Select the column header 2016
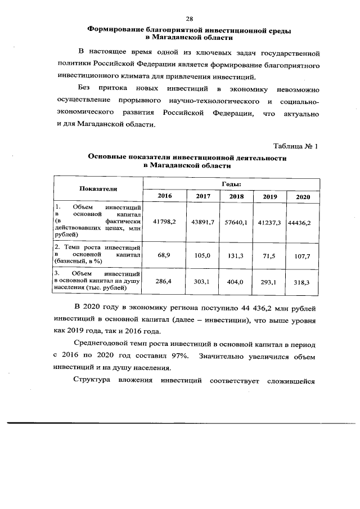pyautogui.click(x=165, y=196)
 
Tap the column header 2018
pyautogui.click(x=236, y=196)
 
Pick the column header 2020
pyautogui.click(x=303, y=196)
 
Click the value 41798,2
pyautogui.click(x=165, y=222)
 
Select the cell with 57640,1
pyautogui.click(x=236, y=222)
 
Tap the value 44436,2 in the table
pyautogui.click(x=299, y=222)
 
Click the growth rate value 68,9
pyautogui.click(x=165, y=255)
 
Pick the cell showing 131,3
pyautogui.click(x=236, y=255)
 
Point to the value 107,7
pyautogui.click(x=302, y=255)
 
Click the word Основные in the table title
pyautogui.click(x=105, y=159)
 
